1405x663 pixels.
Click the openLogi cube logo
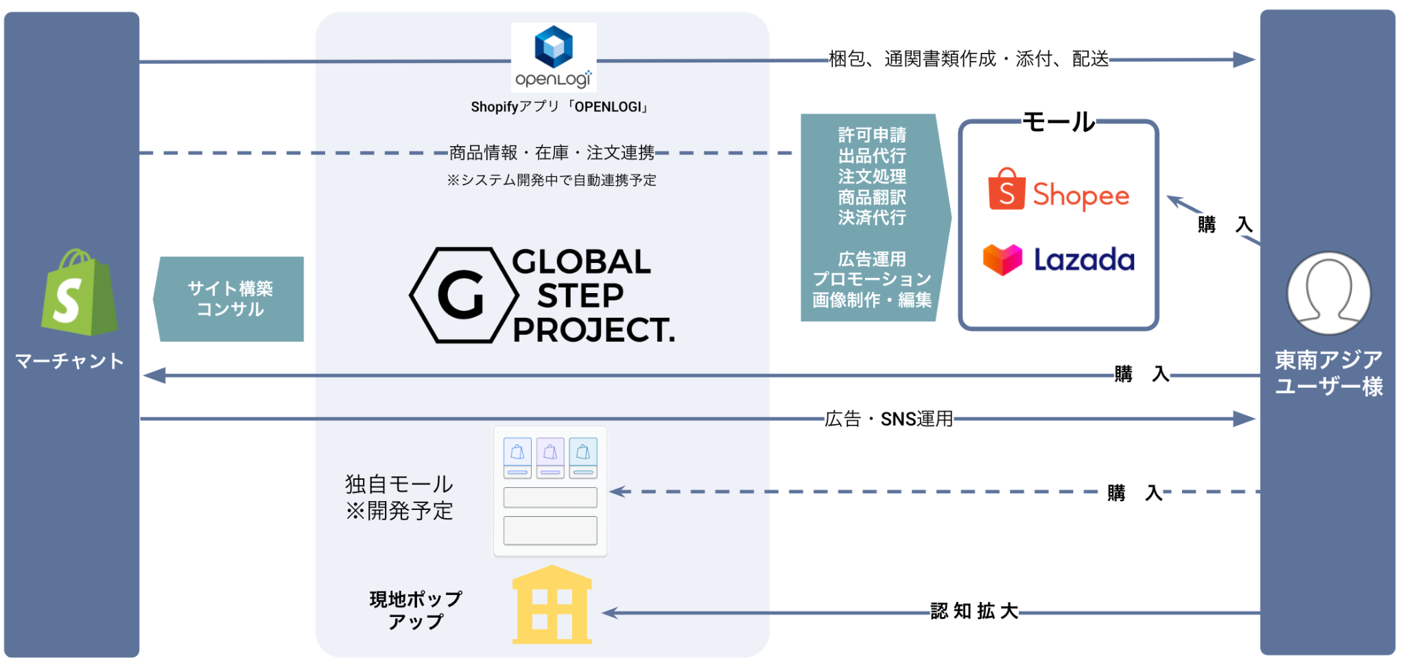[554, 47]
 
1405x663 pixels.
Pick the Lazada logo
[1059, 259]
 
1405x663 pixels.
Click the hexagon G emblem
[463, 295]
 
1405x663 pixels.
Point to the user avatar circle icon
[1328, 293]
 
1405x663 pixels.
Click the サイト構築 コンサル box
[231, 299]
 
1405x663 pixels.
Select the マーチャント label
[69, 361]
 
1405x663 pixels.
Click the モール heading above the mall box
[1059, 122]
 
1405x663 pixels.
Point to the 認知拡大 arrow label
[973, 611]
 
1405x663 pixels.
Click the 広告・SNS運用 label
[888, 419]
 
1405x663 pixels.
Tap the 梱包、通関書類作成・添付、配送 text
[969, 59]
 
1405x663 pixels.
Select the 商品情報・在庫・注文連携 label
[552, 152]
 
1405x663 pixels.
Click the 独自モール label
[399, 485]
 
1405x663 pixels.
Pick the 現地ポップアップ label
[416, 610]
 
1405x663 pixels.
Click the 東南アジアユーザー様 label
[1328, 373]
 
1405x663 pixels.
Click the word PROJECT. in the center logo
[593, 330]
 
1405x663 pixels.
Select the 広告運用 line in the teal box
[872, 259]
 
